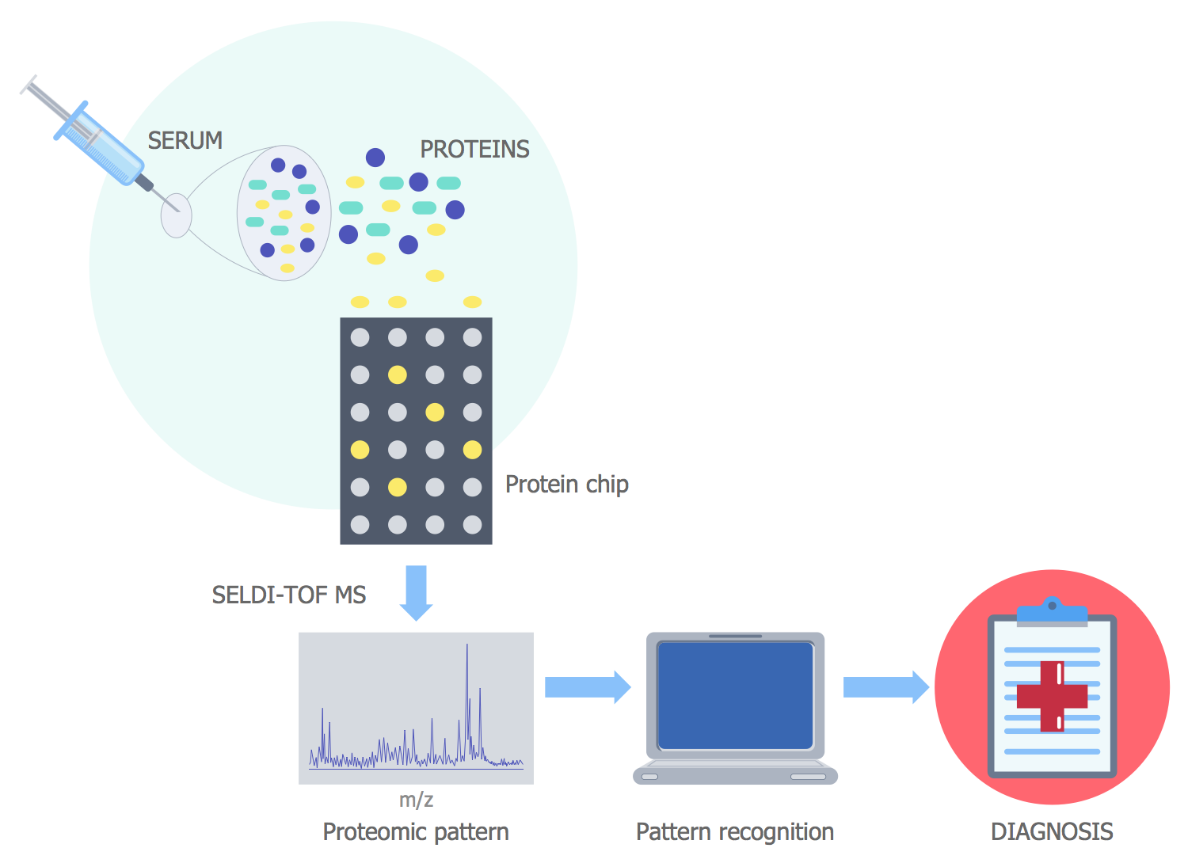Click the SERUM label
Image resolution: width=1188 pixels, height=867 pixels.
pyautogui.click(x=185, y=140)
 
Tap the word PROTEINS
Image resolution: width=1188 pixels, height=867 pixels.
pyautogui.click(x=474, y=149)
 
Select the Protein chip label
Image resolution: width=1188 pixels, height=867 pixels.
pyautogui.click(x=566, y=484)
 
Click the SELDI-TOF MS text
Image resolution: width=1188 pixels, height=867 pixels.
pyautogui.click(x=288, y=595)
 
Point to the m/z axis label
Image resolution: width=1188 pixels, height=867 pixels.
pyautogui.click(x=416, y=800)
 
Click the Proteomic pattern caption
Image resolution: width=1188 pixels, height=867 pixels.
pyautogui.click(x=416, y=831)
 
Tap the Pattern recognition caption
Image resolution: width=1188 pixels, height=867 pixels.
pyautogui.click(x=735, y=831)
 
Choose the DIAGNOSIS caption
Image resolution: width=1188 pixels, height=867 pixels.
pyautogui.click(x=1052, y=831)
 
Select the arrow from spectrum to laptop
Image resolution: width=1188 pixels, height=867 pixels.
pyautogui.click(x=587, y=687)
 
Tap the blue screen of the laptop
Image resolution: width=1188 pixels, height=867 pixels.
pyautogui.click(x=735, y=695)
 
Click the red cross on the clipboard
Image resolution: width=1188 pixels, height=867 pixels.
pyautogui.click(x=1052, y=696)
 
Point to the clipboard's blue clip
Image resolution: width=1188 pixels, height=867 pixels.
pyautogui.click(x=1052, y=611)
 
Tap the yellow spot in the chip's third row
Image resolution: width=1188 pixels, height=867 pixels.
pyautogui.click(x=435, y=412)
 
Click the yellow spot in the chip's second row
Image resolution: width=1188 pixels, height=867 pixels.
pyautogui.click(x=398, y=375)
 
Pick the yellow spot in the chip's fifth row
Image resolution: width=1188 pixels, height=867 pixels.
pyautogui.click(x=398, y=487)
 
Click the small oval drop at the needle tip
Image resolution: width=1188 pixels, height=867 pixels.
pyautogui.click(x=176, y=215)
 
